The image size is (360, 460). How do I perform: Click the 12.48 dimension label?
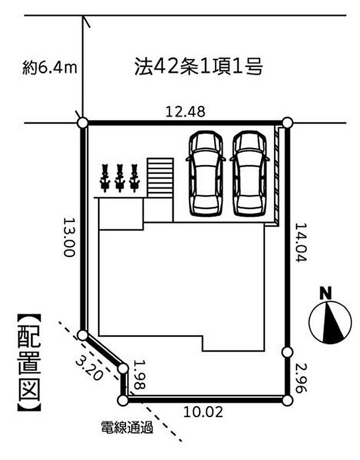tap(185, 112)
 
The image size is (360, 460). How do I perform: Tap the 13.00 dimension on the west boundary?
tap(69, 237)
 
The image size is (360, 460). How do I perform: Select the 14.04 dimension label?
tap(301, 242)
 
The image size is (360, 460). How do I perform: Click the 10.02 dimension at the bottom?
tap(203, 412)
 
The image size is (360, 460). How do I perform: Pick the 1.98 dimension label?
tap(139, 374)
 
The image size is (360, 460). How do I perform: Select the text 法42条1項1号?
tap(199, 66)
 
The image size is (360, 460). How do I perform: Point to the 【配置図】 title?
tap(29, 363)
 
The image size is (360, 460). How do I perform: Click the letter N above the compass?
tap(325, 293)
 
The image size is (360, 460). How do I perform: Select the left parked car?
tap(206, 173)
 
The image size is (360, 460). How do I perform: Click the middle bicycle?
tap(120, 178)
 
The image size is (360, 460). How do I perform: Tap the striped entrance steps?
tap(160, 178)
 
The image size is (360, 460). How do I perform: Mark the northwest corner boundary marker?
tap(82, 122)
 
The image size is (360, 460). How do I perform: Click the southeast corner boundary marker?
tap(288, 400)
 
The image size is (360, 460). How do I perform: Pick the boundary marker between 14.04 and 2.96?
tap(287, 352)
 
